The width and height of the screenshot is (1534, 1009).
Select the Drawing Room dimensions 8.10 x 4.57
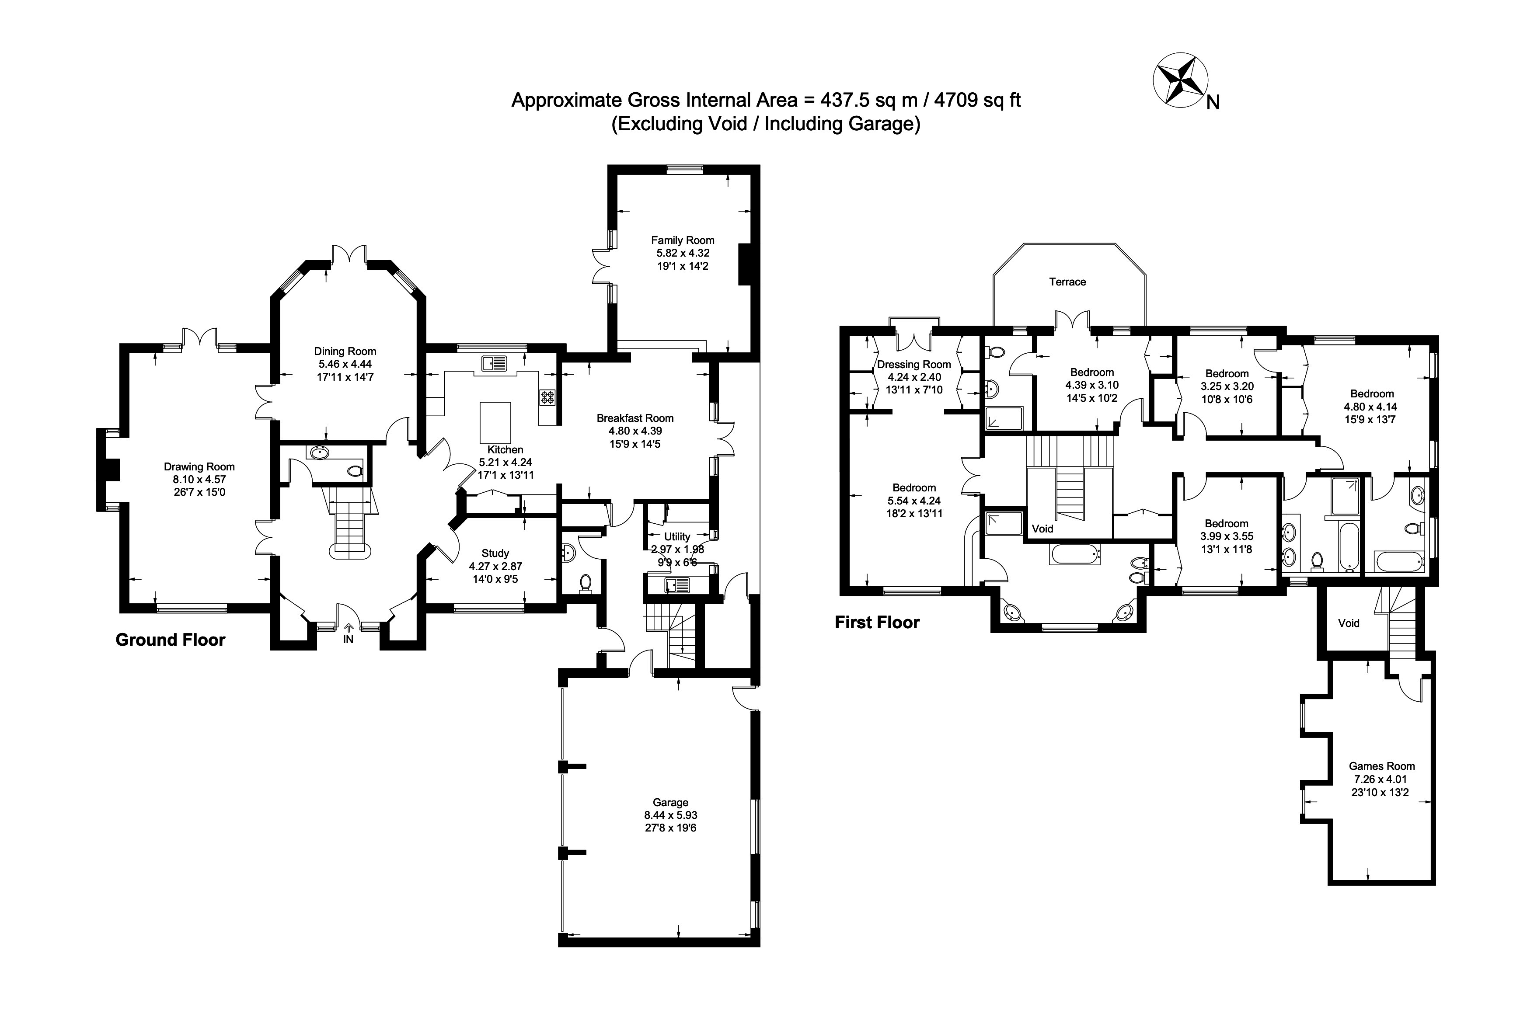199,480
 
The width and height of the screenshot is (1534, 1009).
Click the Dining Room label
345,351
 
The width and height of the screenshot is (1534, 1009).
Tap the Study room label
495,553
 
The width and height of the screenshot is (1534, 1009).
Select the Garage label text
670,802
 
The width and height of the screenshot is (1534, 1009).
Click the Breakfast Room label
635,418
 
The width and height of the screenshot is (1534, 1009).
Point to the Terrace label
1067,282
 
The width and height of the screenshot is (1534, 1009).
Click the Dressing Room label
914,365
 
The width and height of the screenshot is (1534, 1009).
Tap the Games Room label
1382,766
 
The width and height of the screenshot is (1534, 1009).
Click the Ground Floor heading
170,640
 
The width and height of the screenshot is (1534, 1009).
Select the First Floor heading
877,623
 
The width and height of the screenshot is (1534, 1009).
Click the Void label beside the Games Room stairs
1349,623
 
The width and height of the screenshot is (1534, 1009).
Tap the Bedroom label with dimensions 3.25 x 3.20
1227,374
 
